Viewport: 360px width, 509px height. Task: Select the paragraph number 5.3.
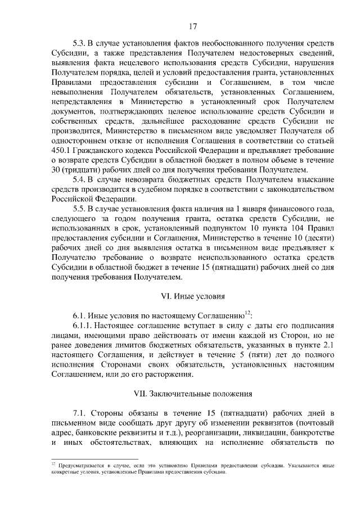click(80, 43)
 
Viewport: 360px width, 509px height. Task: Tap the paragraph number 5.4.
click(80, 179)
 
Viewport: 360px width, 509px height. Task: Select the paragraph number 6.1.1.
click(83, 325)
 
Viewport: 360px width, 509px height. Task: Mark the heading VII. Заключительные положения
click(192, 393)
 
